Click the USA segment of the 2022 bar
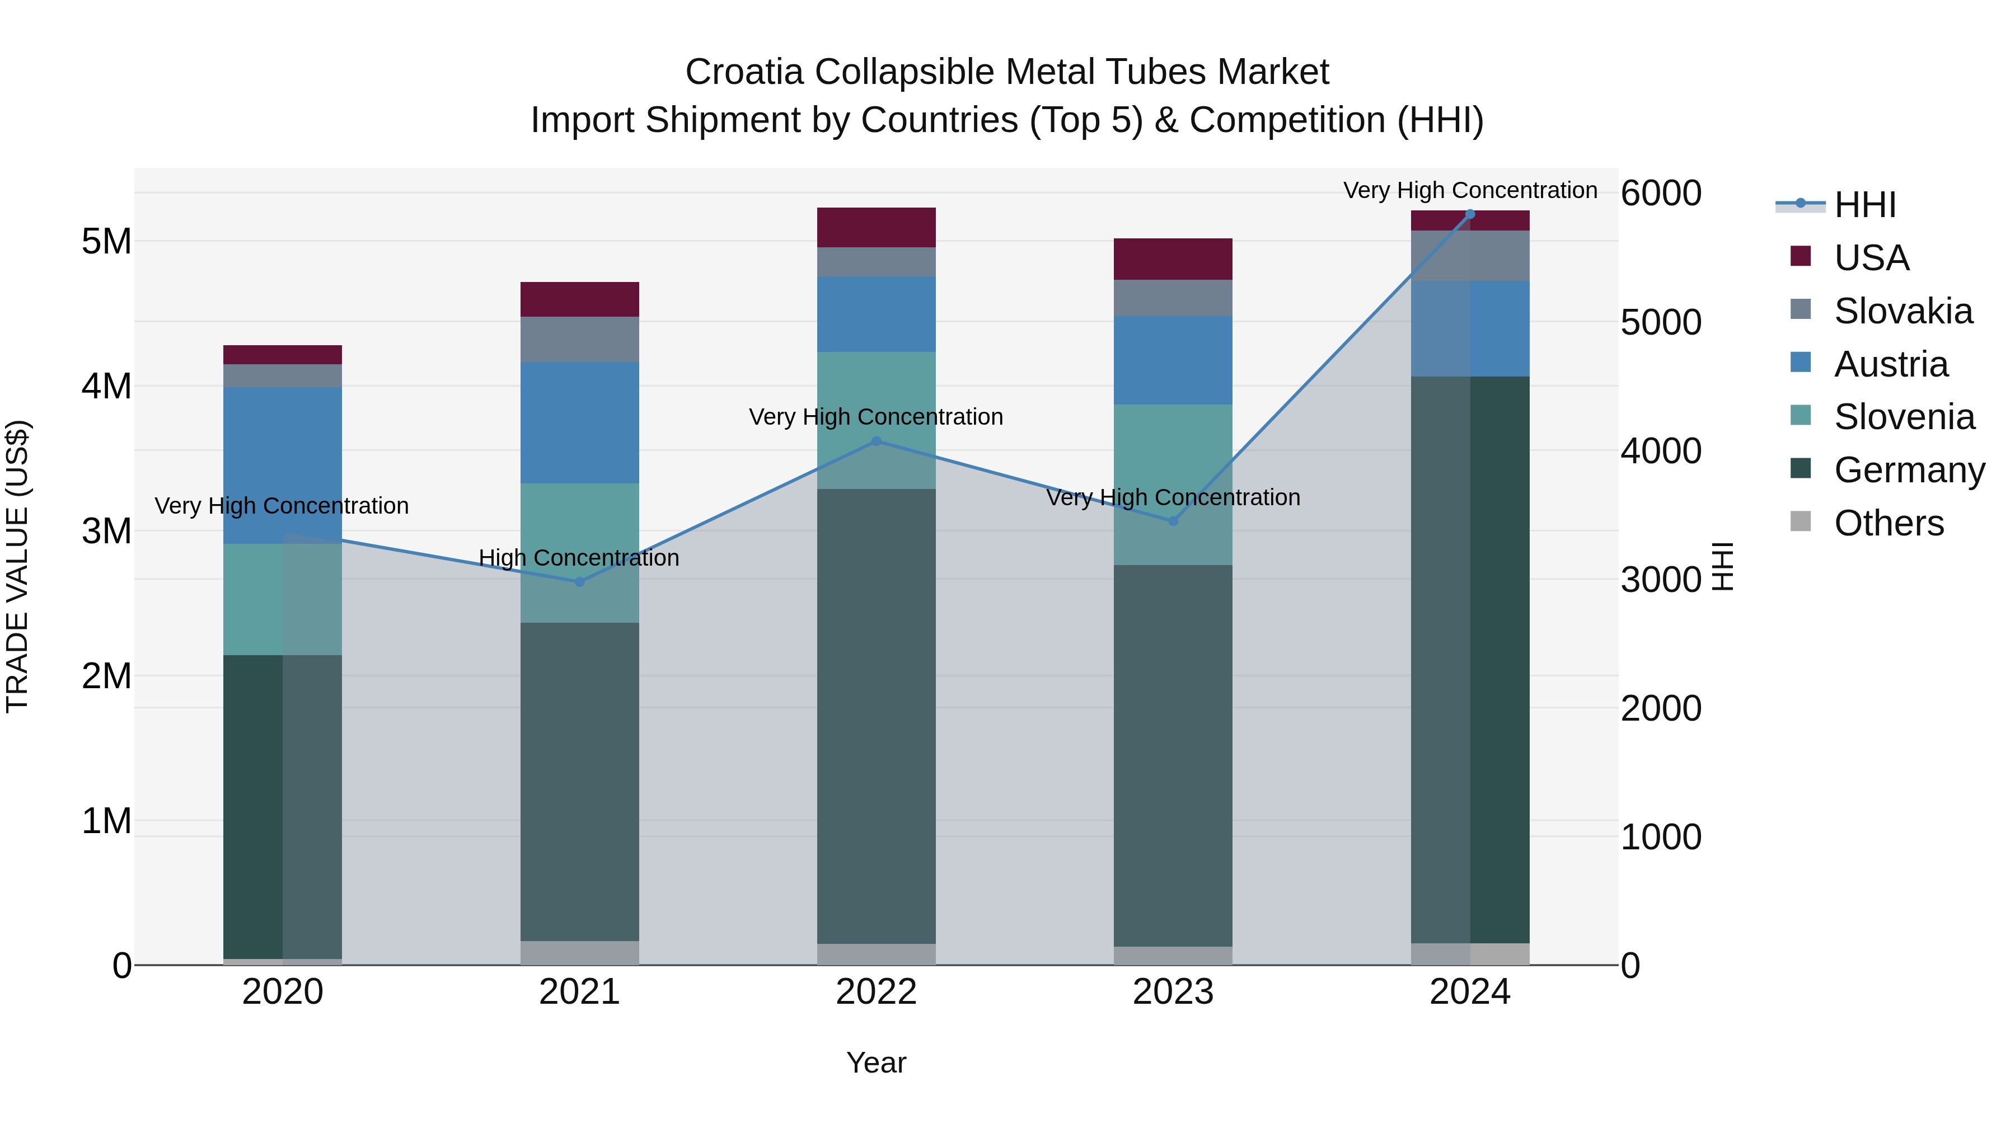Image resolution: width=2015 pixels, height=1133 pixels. pyautogui.click(x=876, y=228)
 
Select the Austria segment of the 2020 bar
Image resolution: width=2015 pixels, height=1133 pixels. pyautogui.click(x=283, y=466)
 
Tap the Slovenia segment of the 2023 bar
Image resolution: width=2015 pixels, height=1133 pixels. pyautogui.click(x=1173, y=484)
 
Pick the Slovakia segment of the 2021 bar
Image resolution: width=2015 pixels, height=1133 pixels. pyautogui.click(x=580, y=340)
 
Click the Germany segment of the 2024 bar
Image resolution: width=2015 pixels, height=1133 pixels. pyautogui.click(x=1470, y=659)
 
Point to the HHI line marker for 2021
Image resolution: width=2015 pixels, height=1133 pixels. pyautogui.click(x=580, y=582)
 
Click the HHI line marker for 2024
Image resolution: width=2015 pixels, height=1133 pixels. pyautogui.click(x=1470, y=214)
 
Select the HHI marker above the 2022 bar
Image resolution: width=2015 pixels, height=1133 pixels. pyautogui.click(x=876, y=442)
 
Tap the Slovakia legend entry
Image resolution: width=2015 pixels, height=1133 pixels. pyautogui.click(x=1902, y=311)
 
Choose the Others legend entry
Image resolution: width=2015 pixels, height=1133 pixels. pyautogui.click(x=1889, y=523)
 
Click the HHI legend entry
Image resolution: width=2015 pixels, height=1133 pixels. pyautogui.click(x=1865, y=205)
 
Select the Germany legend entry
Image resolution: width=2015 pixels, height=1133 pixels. pyautogui.click(x=1909, y=470)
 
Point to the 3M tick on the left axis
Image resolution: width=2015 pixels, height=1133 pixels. pyautogui.click(x=106, y=531)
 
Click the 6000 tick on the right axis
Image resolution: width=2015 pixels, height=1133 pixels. pyautogui.click(x=1661, y=193)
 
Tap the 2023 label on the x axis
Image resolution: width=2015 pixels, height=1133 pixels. pyautogui.click(x=1173, y=992)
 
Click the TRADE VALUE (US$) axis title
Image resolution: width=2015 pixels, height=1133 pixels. pyautogui.click(x=17, y=566)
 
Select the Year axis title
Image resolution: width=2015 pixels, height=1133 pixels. pyautogui.click(x=876, y=1063)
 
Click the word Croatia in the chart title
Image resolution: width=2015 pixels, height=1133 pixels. pyautogui.click(x=744, y=72)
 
